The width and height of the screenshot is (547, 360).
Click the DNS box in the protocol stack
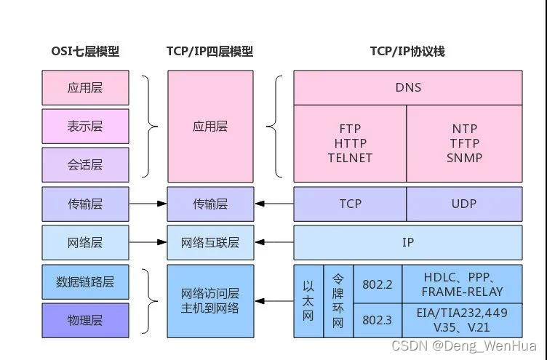407,88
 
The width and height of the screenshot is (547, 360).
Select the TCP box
350,204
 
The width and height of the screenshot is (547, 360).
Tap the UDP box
464,204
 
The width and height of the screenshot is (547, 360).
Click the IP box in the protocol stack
407,242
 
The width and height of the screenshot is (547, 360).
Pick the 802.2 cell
377,284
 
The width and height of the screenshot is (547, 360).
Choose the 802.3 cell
377,320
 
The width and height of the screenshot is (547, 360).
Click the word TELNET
350,157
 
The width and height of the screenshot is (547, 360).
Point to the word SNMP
464,157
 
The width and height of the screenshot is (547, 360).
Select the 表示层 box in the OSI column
85,127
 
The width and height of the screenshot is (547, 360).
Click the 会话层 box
85,165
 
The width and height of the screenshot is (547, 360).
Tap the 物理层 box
85,320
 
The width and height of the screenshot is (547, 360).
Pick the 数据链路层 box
85,281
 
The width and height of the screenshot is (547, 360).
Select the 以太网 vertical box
308,301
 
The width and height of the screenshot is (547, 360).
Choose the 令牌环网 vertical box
338,301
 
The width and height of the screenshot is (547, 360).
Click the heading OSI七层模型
85,52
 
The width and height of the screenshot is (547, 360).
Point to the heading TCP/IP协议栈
407,52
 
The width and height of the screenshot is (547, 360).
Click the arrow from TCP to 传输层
274,204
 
